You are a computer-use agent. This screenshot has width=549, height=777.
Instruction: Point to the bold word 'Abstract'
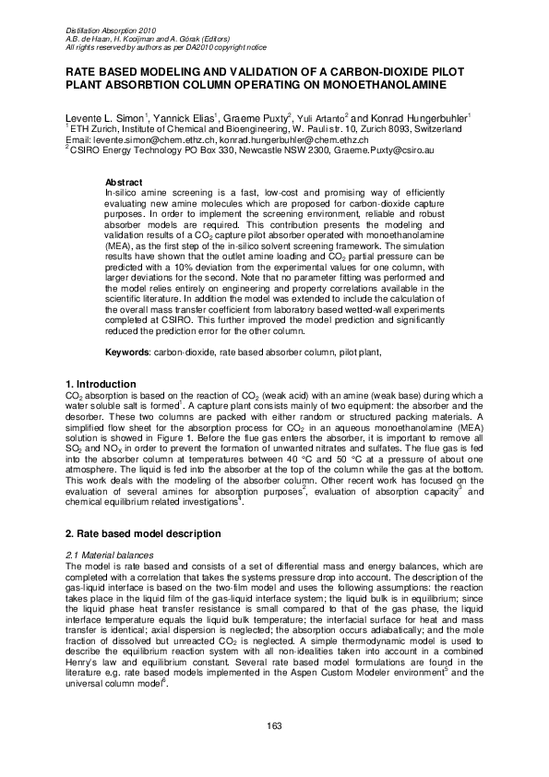tap(124, 182)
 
